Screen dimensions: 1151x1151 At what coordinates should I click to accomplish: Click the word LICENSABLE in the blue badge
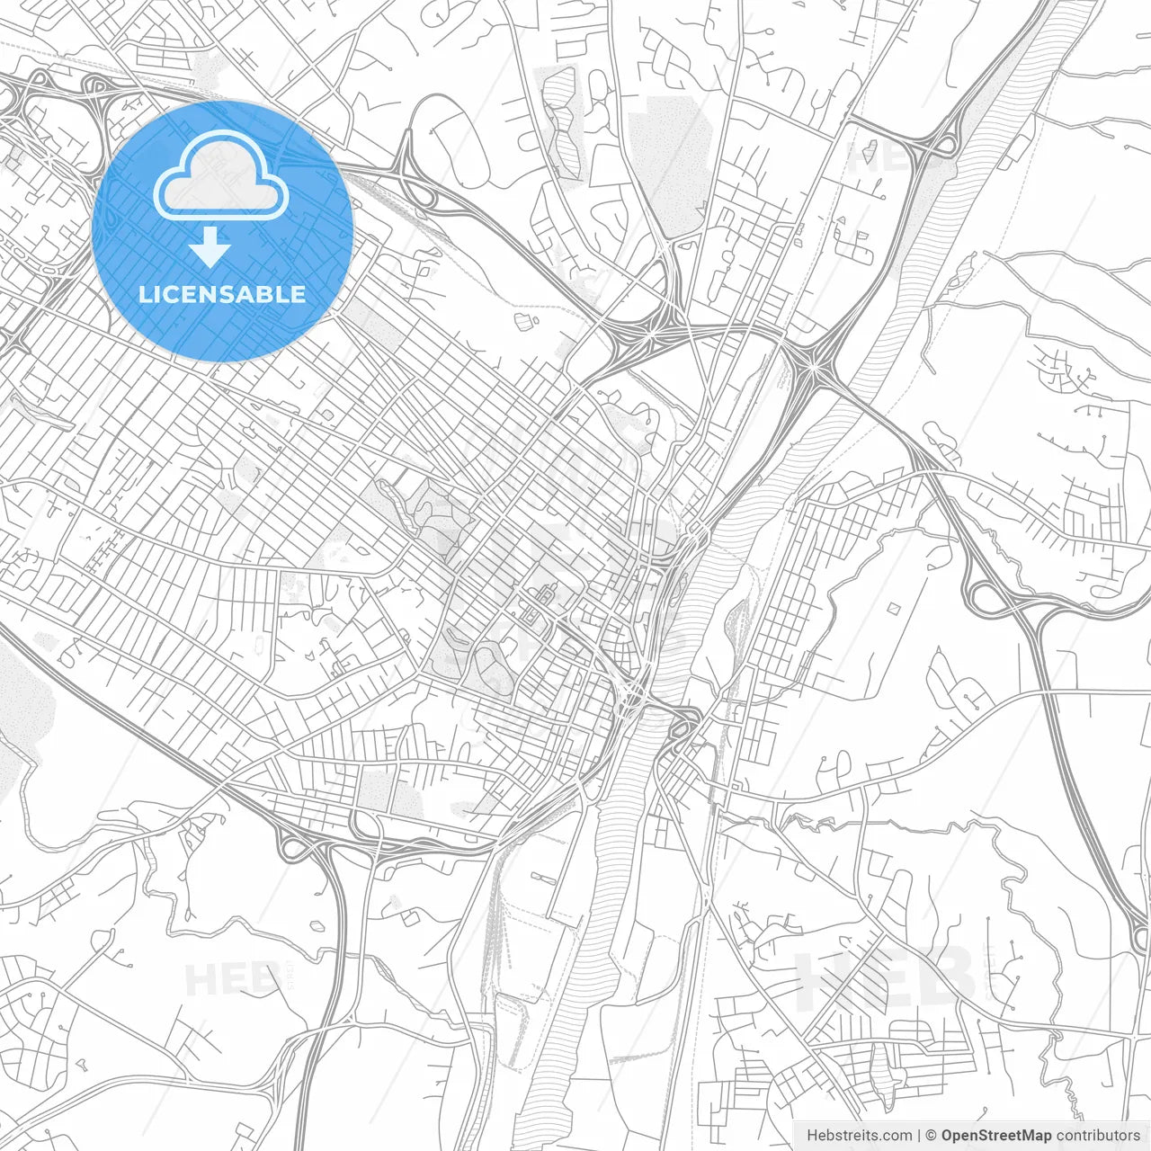222,294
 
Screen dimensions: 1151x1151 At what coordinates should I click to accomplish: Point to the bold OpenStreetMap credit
995,1136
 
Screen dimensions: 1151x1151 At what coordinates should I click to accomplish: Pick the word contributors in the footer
1098,1136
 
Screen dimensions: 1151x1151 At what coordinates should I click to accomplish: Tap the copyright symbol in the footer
931,1136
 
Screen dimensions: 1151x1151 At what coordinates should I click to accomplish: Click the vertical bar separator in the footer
919,1136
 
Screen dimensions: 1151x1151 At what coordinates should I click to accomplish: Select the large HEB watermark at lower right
886,976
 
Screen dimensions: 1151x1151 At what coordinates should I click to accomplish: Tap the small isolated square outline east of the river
894,609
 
